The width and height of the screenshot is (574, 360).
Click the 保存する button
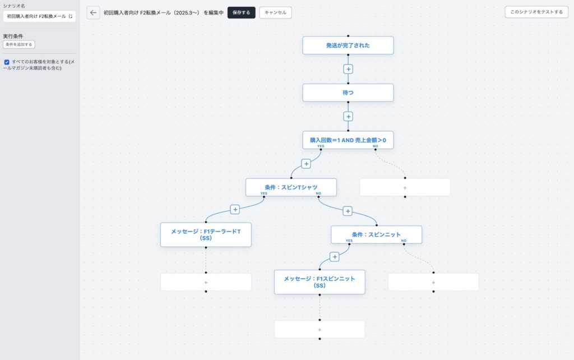coord(241,12)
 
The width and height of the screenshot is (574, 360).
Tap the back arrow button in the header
coord(94,12)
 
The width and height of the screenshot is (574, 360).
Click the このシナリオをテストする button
coord(536,12)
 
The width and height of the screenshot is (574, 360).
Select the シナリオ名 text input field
coord(40,16)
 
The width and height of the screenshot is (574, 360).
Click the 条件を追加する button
coord(19,44)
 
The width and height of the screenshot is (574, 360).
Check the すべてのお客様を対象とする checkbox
coord(7,62)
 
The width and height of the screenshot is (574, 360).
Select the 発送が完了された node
coord(348,45)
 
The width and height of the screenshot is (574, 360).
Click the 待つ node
coord(348,93)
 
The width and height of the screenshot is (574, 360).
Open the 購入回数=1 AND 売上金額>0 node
coord(348,140)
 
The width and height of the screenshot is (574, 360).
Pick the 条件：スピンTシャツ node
coord(291,187)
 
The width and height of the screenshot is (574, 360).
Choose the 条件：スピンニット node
coord(376,234)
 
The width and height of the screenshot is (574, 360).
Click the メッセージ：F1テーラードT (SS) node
coord(206,235)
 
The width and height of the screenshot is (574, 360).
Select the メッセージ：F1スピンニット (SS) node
coord(320,282)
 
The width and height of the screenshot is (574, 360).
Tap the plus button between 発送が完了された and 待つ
coord(348,69)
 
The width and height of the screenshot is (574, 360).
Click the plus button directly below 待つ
coord(348,117)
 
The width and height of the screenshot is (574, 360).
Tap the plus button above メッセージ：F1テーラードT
coord(235,210)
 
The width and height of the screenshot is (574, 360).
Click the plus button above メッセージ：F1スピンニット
coord(334,257)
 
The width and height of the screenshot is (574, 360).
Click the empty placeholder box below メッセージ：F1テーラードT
coord(206,283)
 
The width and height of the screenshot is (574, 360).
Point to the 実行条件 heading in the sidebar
coord(13,36)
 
